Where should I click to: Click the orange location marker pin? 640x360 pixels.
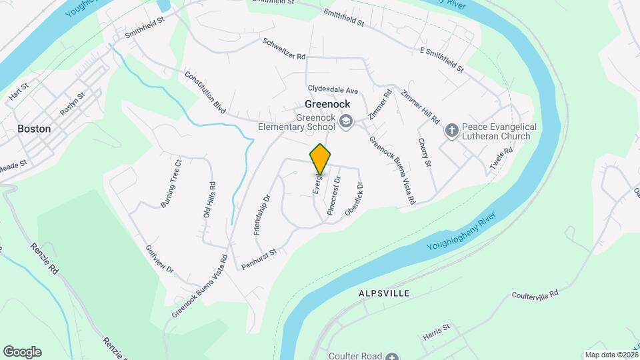[x=321, y=159]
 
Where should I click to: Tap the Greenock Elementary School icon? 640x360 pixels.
[x=345, y=121]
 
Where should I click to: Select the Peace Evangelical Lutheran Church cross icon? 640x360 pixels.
[x=451, y=131]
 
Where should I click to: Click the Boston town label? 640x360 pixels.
[x=34, y=129]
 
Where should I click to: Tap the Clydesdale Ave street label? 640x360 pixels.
[x=333, y=89]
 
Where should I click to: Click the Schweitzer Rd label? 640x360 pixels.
[x=284, y=47]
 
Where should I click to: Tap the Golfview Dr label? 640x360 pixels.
[x=159, y=260]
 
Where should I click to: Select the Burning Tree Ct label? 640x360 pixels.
[x=171, y=183]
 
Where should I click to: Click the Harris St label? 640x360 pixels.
[x=437, y=331]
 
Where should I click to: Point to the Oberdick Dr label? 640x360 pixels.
[x=353, y=199]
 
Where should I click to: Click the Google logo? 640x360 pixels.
[x=22, y=351]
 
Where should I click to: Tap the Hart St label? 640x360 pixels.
[x=19, y=93]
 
